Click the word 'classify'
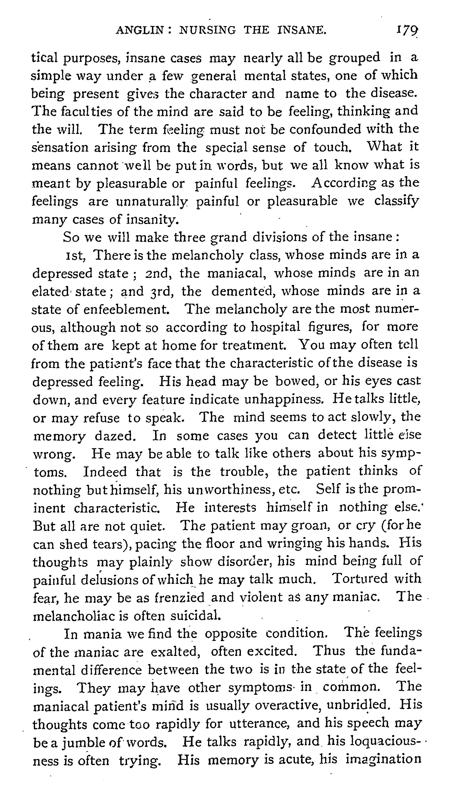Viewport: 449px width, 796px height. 397,201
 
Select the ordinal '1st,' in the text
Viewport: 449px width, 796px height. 76,256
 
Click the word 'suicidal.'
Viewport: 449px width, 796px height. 196,616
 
